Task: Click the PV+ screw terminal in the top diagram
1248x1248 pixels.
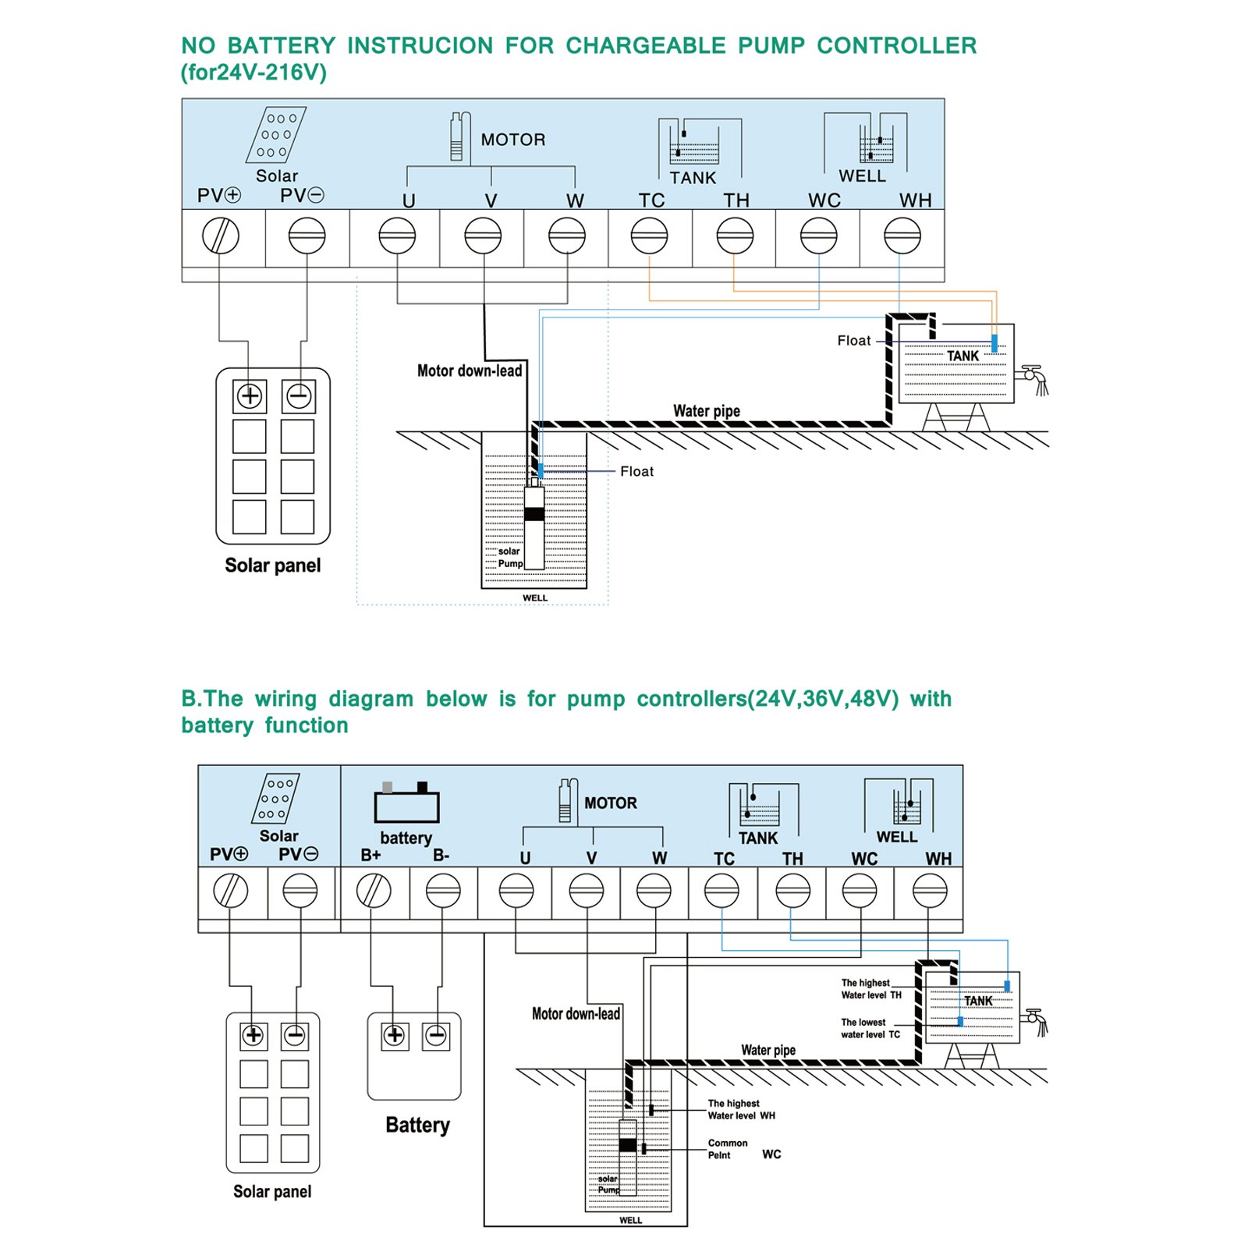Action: [x=221, y=236]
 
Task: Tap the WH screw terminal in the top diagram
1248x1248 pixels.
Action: [x=902, y=236]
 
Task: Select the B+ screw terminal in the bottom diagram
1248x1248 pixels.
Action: [x=374, y=890]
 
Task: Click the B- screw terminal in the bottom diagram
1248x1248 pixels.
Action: [x=443, y=890]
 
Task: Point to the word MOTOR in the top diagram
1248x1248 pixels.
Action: [x=512, y=140]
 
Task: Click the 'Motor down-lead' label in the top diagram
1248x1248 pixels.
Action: [x=470, y=370]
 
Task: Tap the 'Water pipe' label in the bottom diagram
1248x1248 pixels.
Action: [x=768, y=1050]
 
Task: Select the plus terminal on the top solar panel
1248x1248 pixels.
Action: [x=250, y=396]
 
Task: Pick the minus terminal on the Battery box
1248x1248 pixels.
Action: [x=436, y=1036]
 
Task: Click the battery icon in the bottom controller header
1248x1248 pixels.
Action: [x=406, y=803]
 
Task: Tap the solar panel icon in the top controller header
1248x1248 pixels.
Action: [x=276, y=134]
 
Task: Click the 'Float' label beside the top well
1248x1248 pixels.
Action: [x=636, y=471]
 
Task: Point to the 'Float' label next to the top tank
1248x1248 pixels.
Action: [x=853, y=341]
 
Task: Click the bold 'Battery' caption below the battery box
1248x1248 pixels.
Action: [x=417, y=1125]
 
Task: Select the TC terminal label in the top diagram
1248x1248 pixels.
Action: [x=651, y=200]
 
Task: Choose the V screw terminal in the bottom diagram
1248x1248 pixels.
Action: [x=587, y=890]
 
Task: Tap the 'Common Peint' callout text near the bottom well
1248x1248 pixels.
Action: [x=728, y=1149]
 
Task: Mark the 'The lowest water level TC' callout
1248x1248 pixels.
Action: [x=870, y=1028]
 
